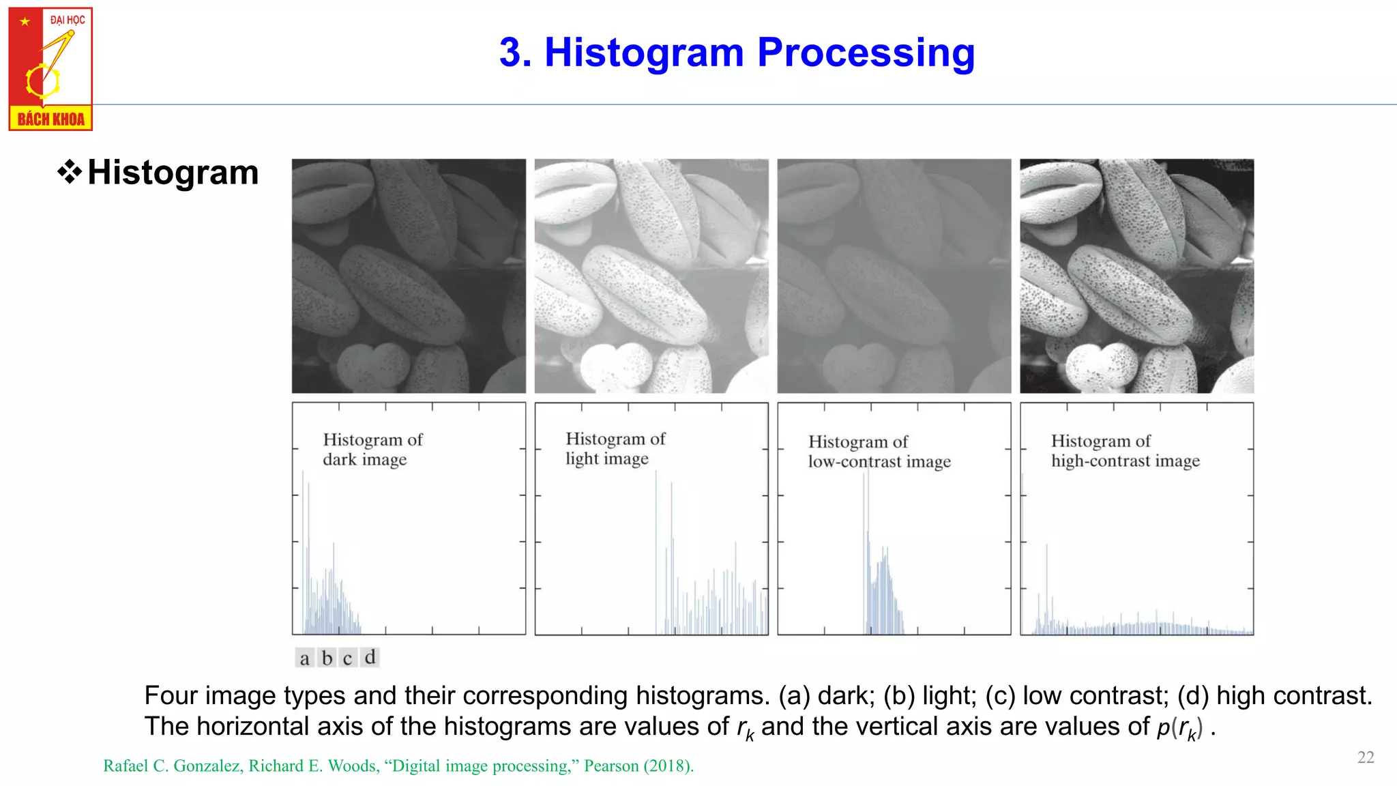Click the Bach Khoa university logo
point(50,69)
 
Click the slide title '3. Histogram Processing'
point(737,53)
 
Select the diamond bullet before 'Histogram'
point(70,172)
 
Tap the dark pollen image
point(409,276)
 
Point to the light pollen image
point(651,276)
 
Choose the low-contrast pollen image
point(894,276)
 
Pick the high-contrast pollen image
point(1136,276)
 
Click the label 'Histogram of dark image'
point(372,450)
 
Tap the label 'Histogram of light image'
point(615,448)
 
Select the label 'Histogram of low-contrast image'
point(879,452)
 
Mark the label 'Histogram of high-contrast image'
point(1125,451)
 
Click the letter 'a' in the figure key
point(304,658)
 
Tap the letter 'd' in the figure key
point(370,657)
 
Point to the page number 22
point(1366,757)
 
